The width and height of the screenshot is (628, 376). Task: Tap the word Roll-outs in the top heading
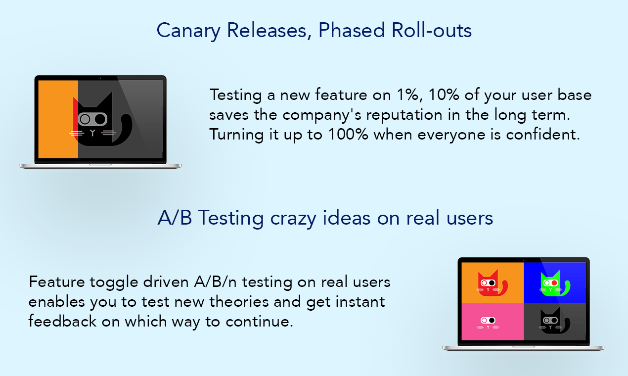click(x=432, y=30)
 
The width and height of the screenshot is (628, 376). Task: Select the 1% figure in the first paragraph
click(x=409, y=95)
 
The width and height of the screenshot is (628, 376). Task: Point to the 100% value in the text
click(x=348, y=134)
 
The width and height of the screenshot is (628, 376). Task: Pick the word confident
click(x=543, y=134)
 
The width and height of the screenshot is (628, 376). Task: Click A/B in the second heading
click(x=175, y=218)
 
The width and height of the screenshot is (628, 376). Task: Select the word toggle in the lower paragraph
click(x=114, y=282)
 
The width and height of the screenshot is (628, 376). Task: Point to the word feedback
click(x=62, y=321)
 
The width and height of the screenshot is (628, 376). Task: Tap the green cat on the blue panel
click(x=554, y=283)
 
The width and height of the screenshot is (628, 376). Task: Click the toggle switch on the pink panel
click(x=488, y=320)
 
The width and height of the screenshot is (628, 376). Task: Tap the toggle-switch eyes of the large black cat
click(x=92, y=119)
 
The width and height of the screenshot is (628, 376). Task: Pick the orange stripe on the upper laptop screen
click(x=58, y=119)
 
